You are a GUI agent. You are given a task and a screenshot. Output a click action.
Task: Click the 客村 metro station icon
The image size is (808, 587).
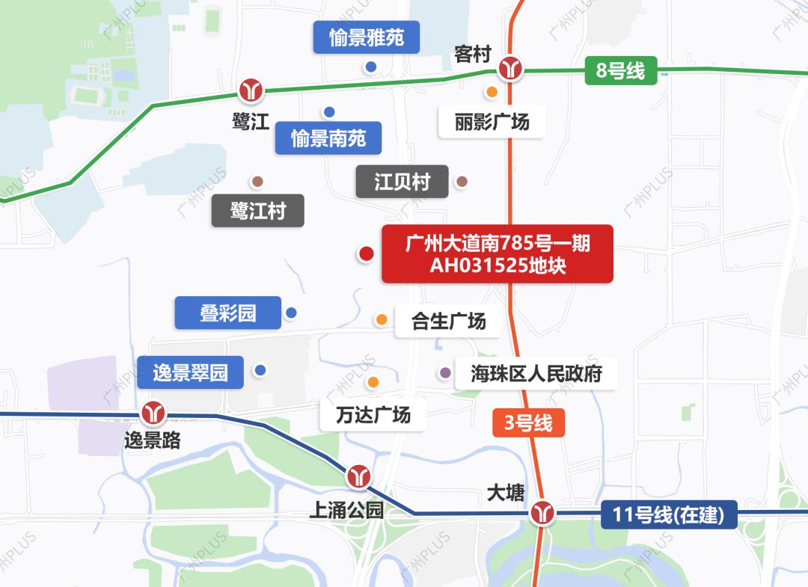tap(512, 70)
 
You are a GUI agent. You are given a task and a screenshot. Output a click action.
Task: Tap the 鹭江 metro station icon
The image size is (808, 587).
tap(251, 90)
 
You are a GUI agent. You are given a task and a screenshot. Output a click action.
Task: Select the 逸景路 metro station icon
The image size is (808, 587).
tap(154, 412)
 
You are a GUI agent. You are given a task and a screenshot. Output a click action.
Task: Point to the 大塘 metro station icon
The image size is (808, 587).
tap(542, 513)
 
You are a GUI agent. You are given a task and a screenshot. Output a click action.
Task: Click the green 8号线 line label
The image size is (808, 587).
tap(620, 72)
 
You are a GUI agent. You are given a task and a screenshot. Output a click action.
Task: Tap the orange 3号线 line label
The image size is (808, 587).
tap(528, 423)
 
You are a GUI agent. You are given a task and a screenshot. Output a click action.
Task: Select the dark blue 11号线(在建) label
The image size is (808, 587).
tap(669, 515)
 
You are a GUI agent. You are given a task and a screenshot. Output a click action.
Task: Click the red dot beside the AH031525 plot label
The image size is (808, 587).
tap(366, 254)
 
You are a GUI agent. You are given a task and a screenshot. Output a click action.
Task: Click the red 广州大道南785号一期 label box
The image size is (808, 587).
tap(498, 254)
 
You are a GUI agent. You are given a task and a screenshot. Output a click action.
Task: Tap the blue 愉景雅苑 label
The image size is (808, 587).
tap(367, 38)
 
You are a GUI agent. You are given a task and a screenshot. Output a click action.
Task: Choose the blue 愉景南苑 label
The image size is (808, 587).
tap(328, 138)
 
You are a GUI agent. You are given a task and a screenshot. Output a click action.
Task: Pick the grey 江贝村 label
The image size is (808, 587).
tap(403, 182)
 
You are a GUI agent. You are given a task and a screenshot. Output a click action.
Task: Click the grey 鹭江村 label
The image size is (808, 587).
tap(258, 211)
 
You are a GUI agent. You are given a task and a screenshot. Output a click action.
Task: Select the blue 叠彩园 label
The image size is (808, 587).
tap(228, 313)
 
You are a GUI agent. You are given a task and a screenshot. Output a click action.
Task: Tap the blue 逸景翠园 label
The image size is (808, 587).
tap(191, 372)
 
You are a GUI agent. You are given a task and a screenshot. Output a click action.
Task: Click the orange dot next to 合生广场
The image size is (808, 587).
tap(382, 320)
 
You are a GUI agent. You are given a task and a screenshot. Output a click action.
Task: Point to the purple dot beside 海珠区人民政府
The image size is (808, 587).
tap(445, 372)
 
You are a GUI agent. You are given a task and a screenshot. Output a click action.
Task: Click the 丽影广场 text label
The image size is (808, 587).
tap(492, 121)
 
